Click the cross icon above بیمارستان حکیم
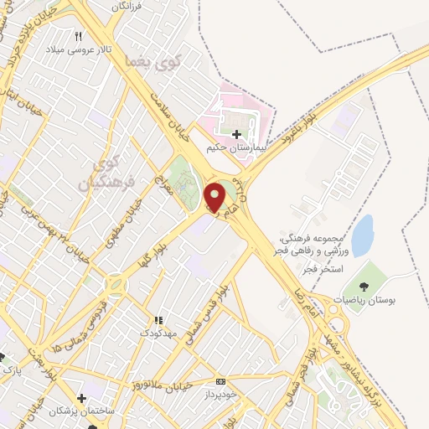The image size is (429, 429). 237,133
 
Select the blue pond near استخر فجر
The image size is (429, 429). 362,235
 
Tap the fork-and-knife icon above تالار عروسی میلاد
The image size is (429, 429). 80,36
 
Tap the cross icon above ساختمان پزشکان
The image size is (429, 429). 80,398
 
